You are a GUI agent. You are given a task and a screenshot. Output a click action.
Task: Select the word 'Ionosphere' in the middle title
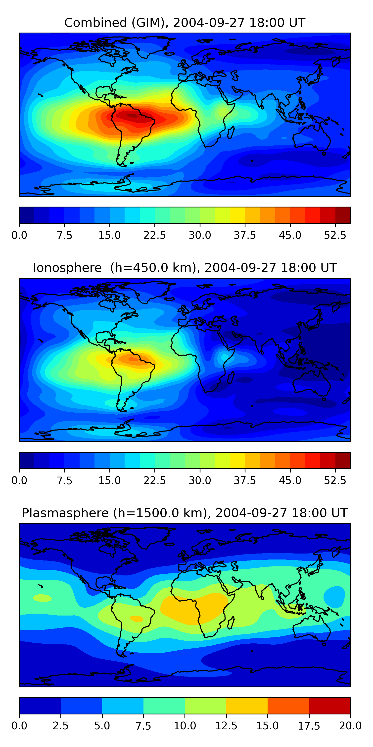point(67,268)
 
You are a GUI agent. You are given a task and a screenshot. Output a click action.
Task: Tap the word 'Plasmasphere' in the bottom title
point(65,513)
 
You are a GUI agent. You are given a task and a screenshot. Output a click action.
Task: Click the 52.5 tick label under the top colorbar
point(335,235)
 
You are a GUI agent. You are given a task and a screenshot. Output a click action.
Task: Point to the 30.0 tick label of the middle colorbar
point(200,481)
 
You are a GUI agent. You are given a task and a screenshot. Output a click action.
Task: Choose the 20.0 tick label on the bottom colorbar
point(350,726)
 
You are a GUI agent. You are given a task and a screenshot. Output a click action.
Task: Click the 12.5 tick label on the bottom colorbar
point(226,726)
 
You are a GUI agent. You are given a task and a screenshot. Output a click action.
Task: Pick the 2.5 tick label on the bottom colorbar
point(60,726)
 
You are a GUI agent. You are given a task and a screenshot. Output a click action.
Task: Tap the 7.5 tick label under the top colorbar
point(64,235)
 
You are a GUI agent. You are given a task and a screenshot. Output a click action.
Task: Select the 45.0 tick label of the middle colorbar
point(290,481)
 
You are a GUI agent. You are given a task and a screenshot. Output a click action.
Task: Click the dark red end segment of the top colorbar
point(343,215)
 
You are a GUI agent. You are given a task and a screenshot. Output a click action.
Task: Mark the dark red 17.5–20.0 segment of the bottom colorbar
point(329,705)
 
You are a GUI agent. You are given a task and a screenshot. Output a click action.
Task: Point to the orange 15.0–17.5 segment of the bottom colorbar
point(288,705)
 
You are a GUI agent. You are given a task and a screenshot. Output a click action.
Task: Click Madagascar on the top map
point(231,132)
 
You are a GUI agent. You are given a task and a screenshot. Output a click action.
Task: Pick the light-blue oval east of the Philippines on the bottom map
point(334,597)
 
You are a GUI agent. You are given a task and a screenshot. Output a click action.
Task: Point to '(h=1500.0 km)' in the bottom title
point(160,513)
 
